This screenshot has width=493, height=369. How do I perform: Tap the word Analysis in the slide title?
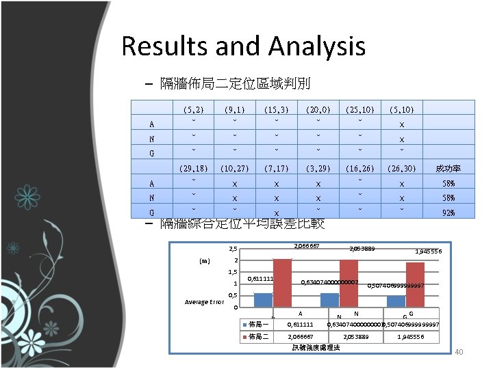[317, 47]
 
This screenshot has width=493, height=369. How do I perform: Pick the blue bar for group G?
[396, 301]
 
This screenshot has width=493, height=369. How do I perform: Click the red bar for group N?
[349, 284]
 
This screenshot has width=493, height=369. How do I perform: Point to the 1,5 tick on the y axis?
[233, 272]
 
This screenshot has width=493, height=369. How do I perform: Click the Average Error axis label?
[205, 302]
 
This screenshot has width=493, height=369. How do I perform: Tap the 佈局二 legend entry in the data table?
[258, 336]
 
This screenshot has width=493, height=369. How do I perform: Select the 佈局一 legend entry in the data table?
[258, 324]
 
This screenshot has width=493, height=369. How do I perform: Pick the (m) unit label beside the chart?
[205, 260]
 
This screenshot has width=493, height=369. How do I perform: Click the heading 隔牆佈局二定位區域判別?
[235, 84]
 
